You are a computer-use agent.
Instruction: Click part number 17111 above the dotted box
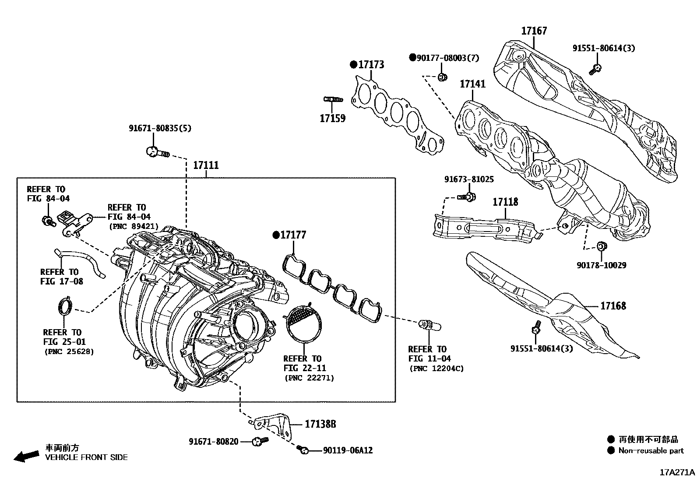tap(206, 165)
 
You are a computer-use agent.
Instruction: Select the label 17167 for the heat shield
tap(534, 31)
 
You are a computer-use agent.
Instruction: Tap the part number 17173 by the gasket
tap(371, 65)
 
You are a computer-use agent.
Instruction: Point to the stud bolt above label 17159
tap(332, 99)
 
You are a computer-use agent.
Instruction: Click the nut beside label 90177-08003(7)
tap(442, 77)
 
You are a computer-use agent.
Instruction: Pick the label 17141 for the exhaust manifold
tap(472, 84)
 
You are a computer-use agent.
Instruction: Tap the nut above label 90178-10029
tap(602, 246)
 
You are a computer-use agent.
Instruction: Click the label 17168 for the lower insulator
tap(613, 306)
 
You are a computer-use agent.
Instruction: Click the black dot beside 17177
tap(276, 235)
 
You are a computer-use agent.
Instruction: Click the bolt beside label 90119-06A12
tap(303, 449)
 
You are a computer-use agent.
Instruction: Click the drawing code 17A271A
tap(677, 472)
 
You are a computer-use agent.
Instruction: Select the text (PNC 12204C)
tap(436, 369)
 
